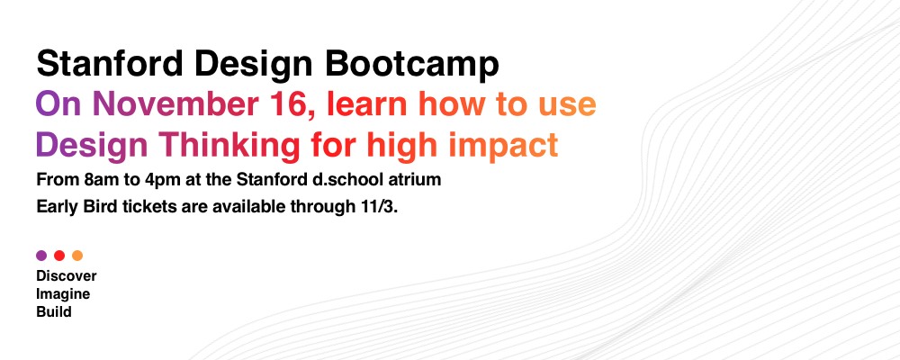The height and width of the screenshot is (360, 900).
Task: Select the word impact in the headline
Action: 503,145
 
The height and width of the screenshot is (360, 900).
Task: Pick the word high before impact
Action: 403,145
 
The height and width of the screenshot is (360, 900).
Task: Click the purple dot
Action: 41,256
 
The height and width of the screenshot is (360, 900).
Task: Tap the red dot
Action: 59,256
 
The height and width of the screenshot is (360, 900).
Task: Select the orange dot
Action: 77,256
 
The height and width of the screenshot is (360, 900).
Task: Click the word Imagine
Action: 63,295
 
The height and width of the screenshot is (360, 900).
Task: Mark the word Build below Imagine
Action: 54,312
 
